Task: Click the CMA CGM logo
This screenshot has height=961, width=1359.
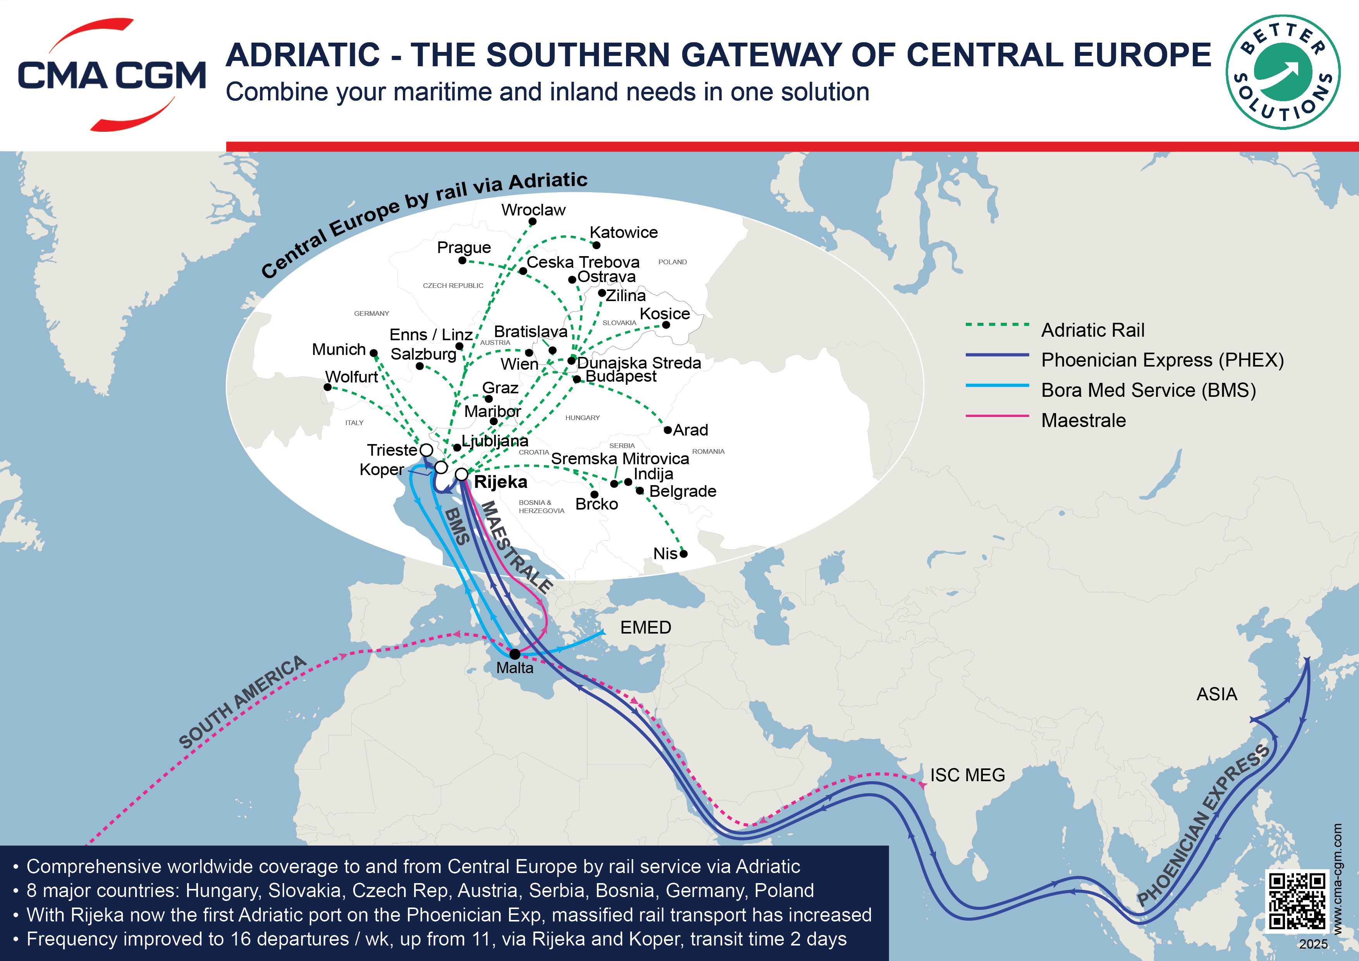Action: tap(112, 75)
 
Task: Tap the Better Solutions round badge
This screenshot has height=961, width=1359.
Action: tap(1283, 72)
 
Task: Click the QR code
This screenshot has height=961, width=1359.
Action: tap(1296, 900)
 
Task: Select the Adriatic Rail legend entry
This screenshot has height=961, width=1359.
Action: tap(1092, 330)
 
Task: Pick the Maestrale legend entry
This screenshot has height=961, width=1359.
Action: tap(1083, 420)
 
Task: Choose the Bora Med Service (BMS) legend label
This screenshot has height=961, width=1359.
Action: tap(1148, 390)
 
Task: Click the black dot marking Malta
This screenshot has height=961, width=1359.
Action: tap(515, 654)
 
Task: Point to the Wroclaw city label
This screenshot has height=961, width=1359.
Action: tap(533, 210)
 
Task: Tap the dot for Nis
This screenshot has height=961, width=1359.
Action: tap(684, 554)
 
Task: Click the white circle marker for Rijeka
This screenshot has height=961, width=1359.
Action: tap(462, 474)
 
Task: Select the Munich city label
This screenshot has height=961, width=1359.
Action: tap(339, 350)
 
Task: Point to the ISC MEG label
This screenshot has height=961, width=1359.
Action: tap(967, 775)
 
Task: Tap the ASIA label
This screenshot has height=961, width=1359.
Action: tap(1216, 694)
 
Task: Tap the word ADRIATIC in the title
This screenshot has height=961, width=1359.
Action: tap(303, 55)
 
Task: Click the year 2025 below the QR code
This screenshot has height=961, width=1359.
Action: tap(1313, 944)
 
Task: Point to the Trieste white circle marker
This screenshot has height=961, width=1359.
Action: tap(426, 450)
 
